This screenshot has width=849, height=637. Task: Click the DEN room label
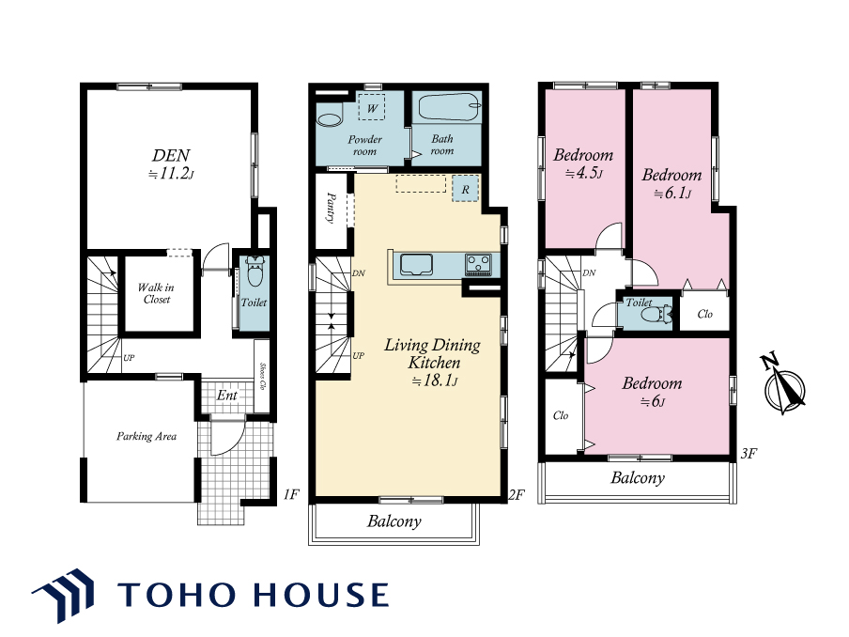coord(171,155)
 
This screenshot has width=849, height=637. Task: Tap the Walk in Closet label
coord(156,293)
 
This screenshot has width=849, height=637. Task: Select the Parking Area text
coord(147,436)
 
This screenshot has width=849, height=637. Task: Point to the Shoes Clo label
coord(263,377)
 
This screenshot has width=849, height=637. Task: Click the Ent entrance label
coord(227,396)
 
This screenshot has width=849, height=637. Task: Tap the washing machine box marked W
coord(372,107)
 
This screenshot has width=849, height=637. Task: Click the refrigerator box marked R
coord(465,190)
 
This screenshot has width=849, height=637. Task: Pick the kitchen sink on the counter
coord(416,264)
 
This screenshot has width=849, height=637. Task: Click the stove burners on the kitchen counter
coord(478,265)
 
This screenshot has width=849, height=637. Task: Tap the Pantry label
coord(331,208)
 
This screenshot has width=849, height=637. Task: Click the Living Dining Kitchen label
coord(433,353)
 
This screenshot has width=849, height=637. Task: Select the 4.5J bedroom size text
coord(584,173)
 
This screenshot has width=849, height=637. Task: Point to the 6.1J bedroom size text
coord(671,194)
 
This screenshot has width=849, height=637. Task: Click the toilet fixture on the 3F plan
coord(660,314)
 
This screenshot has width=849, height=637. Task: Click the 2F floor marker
coord(517,494)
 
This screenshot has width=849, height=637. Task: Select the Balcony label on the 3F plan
coord(638,477)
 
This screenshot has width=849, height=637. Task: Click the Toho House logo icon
coord(63,595)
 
